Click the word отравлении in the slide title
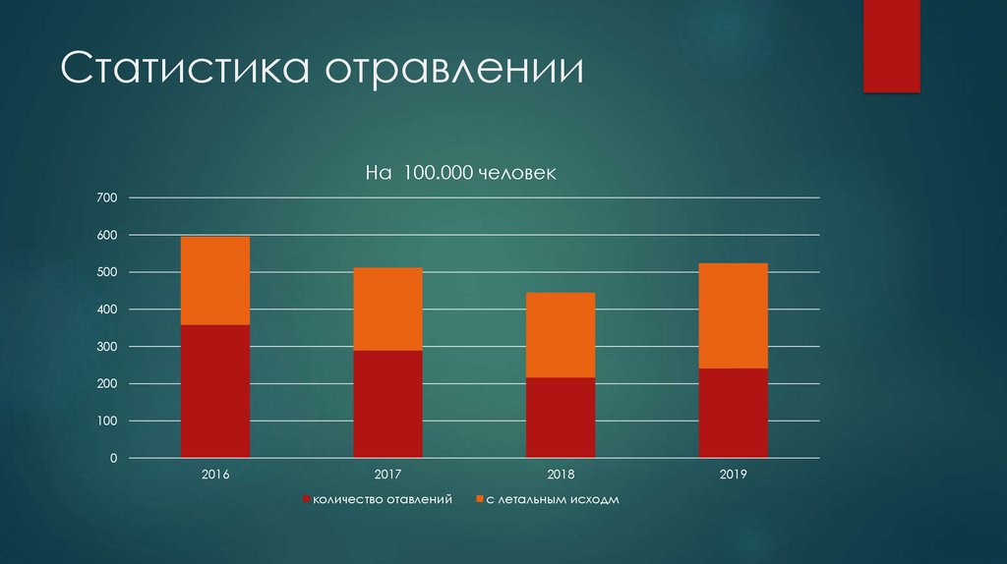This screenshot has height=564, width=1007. (x=454, y=72)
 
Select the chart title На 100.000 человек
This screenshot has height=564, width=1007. (x=461, y=173)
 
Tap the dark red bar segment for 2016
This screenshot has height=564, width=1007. (x=215, y=391)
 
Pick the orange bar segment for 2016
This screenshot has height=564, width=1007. (x=215, y=280)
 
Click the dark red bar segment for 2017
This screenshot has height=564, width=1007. (x=387, y=404)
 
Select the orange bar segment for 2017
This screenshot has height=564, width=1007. (x=387, y=309)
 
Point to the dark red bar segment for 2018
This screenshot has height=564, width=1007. (x=561, y=418)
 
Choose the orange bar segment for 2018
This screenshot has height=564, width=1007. (x=561, y=335)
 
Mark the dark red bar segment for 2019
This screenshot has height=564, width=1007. (x=733, y=413)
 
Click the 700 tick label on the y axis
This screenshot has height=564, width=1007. (x=107, y=198)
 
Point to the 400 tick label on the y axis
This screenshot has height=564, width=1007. (x=107, y=310)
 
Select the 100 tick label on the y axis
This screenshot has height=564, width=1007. (x=107, y=422)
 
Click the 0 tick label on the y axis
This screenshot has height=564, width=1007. (x=113, y=459)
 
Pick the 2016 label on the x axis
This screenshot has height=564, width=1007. (x=215, y=475)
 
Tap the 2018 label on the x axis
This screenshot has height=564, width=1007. (x=561, y=475)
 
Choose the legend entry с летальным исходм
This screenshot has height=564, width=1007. (x=552, y=500)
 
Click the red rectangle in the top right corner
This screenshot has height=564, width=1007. (x=891, y=45)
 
